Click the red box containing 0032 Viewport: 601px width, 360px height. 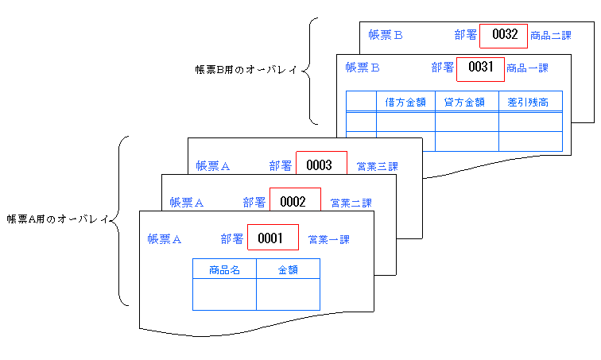tap(504, 35)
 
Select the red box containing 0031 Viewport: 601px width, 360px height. tap(480, 68)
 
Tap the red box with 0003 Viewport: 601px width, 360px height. tap(321, 165)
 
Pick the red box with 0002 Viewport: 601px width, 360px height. tap(295, 201)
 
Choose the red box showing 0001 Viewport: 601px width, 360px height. tap(273, 238)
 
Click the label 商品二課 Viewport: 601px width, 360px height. tap(551, 35)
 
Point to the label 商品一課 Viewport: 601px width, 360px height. tap(527, 68)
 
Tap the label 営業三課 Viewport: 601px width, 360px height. tap(377, 166)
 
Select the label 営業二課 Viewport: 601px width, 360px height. tap(351, 202)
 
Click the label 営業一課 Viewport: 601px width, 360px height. tap(328, 238)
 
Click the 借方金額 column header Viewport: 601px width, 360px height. tap(405, 102)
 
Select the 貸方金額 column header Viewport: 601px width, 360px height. tap(467, 102)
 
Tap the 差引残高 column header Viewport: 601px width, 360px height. tap(530, 102)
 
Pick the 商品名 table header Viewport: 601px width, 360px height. tap(224, 269)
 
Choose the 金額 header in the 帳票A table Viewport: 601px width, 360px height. tap(288, 269)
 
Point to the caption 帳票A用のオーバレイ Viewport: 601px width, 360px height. tap(56, 219)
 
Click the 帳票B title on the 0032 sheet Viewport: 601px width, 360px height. tap(386, 35)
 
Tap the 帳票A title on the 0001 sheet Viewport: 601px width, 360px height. tap(165, 238)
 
